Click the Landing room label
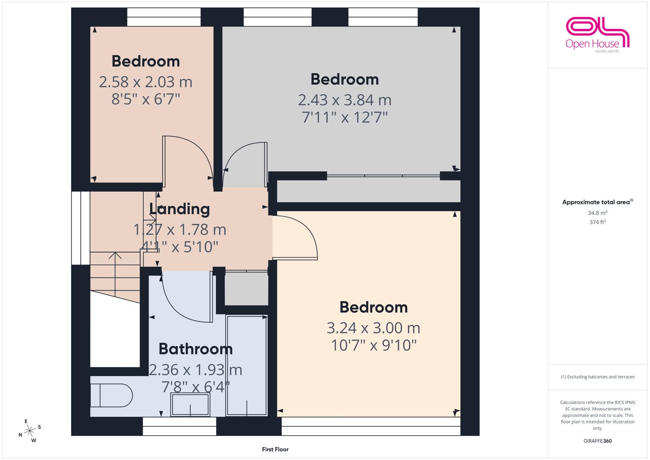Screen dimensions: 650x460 [x=179, y=209]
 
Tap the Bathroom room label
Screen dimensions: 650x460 [x=195, y=349]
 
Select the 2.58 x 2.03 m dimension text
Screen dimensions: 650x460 [x=146, y=82]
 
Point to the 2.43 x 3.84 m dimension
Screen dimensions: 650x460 [x=345, y=100]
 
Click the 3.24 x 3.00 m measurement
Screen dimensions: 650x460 [x=373, y=328]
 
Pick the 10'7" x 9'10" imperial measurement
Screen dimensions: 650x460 [x=374, y=345]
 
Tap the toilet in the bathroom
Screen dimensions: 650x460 [x=112, y=395]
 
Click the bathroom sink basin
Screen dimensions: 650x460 [x=190, y=405]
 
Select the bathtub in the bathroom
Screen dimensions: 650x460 [x=246, y=366]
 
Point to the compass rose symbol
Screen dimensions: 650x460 [x=30, y=431]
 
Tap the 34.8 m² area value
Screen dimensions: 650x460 [x=598, y=213]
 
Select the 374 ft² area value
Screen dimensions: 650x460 [x=598, y=222]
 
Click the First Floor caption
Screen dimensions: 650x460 [x=275, y=449]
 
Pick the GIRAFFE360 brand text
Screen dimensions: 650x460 [x=598, y=441]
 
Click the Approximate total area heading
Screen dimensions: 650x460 [x=598, y=202]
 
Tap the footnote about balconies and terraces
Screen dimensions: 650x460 [x=598, y=377]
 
